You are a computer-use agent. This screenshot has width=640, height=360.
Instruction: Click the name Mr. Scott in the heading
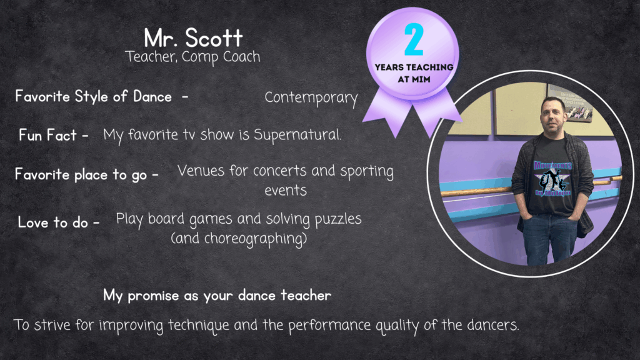[194, 38]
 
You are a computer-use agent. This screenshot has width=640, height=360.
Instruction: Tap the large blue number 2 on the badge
[414, 39]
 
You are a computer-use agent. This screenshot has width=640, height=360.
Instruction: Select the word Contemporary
[311, 98]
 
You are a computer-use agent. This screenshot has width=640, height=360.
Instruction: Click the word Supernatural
[297, 135]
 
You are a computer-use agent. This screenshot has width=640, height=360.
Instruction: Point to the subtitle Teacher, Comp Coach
[192, 57]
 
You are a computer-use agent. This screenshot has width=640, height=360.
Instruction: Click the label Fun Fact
[47, 135]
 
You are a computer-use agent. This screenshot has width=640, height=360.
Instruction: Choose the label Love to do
[53, 222]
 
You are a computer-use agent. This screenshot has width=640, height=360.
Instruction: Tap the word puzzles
[338, 219]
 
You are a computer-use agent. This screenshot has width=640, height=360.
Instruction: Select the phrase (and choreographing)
[239, 238]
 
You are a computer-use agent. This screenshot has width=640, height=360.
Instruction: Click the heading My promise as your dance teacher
[217, 296]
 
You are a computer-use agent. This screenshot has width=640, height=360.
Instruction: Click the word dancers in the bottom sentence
[492, 325]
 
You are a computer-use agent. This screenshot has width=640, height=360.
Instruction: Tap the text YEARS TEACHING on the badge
[414, 67]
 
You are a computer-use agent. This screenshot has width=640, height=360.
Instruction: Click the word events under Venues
[286, 191]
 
